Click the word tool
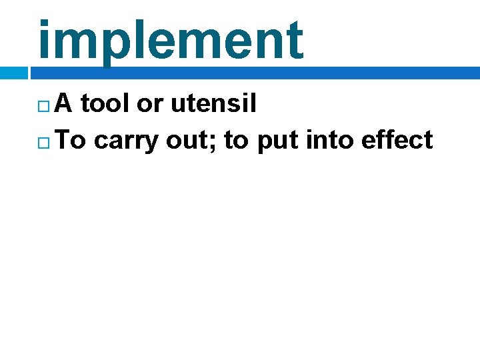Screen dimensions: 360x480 [x=105, y=103]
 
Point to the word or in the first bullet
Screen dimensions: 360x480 [x=149, y=105]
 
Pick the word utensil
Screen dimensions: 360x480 [x=213, y=103]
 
